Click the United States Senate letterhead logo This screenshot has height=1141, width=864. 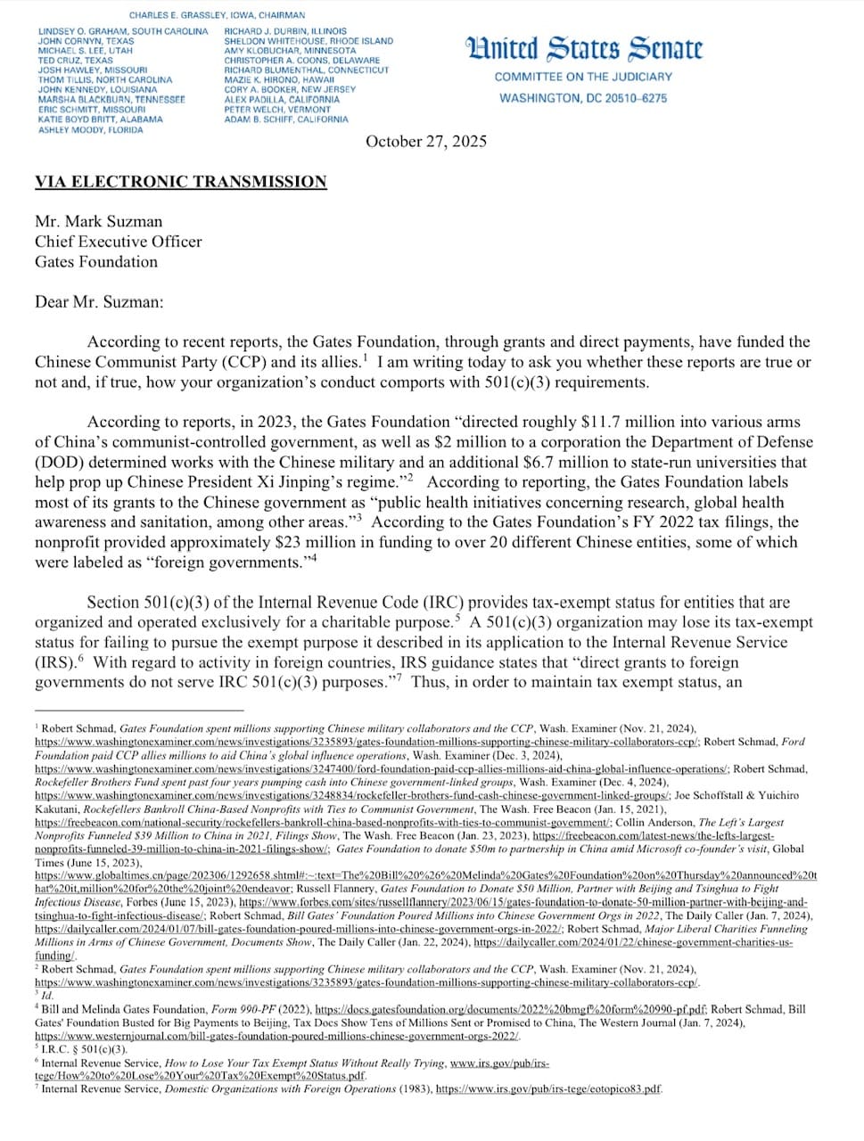pos(583,48)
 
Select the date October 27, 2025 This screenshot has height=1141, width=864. pos(426,142)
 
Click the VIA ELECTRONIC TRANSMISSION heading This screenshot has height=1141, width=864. pos(181,182)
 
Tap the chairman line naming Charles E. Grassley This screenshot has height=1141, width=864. pos(217,15)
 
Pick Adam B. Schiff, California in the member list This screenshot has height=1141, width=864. pos(286,119)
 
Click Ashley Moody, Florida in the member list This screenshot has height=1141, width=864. pos(90,130)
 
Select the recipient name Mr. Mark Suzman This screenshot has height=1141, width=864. pos(99,221)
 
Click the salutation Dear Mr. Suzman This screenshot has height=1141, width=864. pos(99,301)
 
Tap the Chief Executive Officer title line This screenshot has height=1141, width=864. pos(119,242)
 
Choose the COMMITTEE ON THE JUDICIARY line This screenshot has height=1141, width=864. pos(583,78)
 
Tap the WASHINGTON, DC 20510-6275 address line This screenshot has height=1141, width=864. pos(583,98)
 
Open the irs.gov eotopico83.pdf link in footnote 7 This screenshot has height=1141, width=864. pos(548,1089)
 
